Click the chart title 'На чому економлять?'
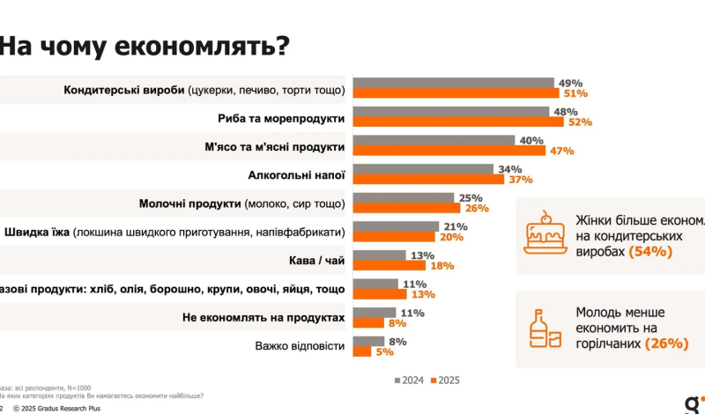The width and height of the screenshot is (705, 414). pyautogui.click(x=144, y=45)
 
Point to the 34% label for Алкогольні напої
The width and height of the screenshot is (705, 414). pyautogui.click(x=509, y=168)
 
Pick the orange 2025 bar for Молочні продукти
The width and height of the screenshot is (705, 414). pyautogui.click(x=406, y=208)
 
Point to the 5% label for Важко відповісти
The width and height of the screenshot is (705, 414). pyautogui.click(x=383, y=351)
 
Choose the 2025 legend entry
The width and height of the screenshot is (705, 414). pyautogui.click(x=443, y=381)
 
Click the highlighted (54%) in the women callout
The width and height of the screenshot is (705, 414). pyautogui.click(x=651, y=251)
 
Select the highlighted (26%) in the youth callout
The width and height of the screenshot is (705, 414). pyautogui.click(x=667, y=344)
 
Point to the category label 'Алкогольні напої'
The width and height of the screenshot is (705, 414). pyautogui.click(x=293, y=175)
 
